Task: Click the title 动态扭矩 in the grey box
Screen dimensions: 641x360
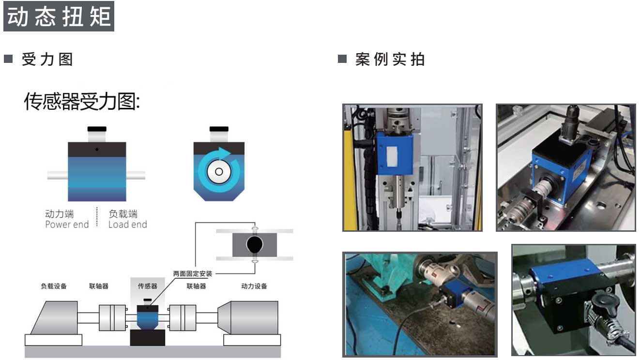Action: click(x=59, y=16)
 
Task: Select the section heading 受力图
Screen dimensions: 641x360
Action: click(x=47, y=60)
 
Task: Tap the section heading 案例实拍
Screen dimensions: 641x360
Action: click(x=390, y=60)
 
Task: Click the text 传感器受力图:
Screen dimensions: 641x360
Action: click(x=82, y=101)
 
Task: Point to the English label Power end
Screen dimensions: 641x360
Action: click(x=67, y=225)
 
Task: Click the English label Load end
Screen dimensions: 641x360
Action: click(x=128, y=225)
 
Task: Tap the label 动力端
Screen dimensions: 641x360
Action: click(x=59, y=214)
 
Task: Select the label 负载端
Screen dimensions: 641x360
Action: click(x=123, y=214)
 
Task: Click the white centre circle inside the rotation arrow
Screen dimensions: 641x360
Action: click(x=219, y=172)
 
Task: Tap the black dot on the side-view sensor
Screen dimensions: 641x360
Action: click(x=97, y=149)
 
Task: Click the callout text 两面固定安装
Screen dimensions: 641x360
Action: click(x=193, y=274)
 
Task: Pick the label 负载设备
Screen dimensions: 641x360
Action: click(x=54, y=286)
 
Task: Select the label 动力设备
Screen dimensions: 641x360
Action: click(x=254, y=286)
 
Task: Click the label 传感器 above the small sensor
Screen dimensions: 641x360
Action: click(x=147, y=286)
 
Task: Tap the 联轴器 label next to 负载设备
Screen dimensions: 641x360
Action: click(x=99, y=286)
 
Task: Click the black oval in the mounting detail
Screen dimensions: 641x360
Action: click(x=254, y=244)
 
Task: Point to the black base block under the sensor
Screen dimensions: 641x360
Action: click(x=147, y=338)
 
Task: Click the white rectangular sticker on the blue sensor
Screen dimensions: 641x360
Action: click(x=392, y=156)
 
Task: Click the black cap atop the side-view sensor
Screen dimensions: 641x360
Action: click(x=97, y=129)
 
